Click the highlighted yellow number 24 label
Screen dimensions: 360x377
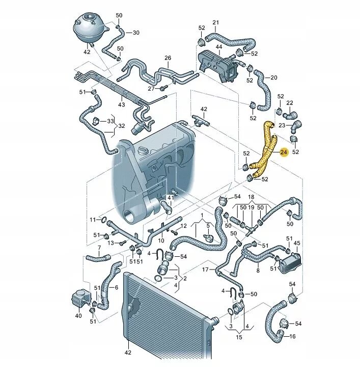tap(284, 152)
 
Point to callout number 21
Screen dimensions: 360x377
tap(216, 23)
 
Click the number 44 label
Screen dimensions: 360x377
tap(219, 47)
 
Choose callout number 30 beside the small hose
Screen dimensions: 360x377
tap(136, 33)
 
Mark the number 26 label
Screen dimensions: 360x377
tap(168, 58)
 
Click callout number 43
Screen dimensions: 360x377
tap(121, 105)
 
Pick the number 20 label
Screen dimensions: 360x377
tap(274, 77)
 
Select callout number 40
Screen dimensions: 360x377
tap(78, 315)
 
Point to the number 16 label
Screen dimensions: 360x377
tap(292, 337)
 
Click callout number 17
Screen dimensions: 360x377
tap(205, 269)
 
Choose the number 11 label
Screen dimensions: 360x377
tap(93, 220)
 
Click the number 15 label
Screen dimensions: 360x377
tap(238, 337)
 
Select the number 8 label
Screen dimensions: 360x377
tap(258, 271)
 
